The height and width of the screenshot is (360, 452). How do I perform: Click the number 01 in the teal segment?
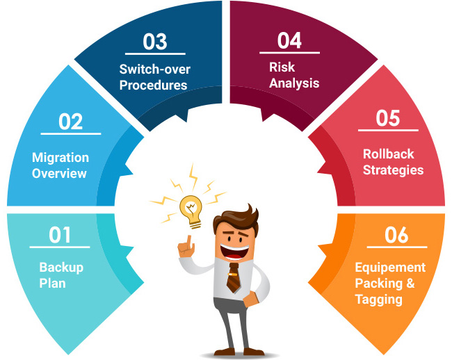(60, 235)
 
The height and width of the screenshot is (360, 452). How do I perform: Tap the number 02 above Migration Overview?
(71, 122)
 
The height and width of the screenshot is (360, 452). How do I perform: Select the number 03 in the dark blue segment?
(155, 42)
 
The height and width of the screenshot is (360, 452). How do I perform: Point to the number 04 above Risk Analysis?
(289, 40)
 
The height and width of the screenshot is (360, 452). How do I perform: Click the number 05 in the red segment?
(388, 118)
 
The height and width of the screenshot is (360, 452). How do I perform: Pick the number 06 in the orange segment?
(396, 235)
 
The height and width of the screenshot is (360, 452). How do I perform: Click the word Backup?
(61, 268)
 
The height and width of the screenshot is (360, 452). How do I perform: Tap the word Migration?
(60, 158)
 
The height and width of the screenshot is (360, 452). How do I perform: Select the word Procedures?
(154, 85)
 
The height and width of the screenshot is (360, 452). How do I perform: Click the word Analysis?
(294, 83)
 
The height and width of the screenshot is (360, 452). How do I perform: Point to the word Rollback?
(388, 154)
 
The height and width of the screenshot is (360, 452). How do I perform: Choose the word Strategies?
(393, 170)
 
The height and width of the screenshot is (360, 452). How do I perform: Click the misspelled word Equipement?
(390, 268)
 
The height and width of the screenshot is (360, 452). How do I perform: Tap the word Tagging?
(379, 300)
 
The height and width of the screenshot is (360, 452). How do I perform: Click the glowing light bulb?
(191, 211)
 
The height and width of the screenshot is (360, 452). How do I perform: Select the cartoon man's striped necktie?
(233, 278)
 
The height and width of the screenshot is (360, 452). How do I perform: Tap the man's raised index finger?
(189, 241)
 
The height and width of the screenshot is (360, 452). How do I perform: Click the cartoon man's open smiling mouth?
(235, 252)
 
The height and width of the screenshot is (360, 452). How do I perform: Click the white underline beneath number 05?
(388, 131)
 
